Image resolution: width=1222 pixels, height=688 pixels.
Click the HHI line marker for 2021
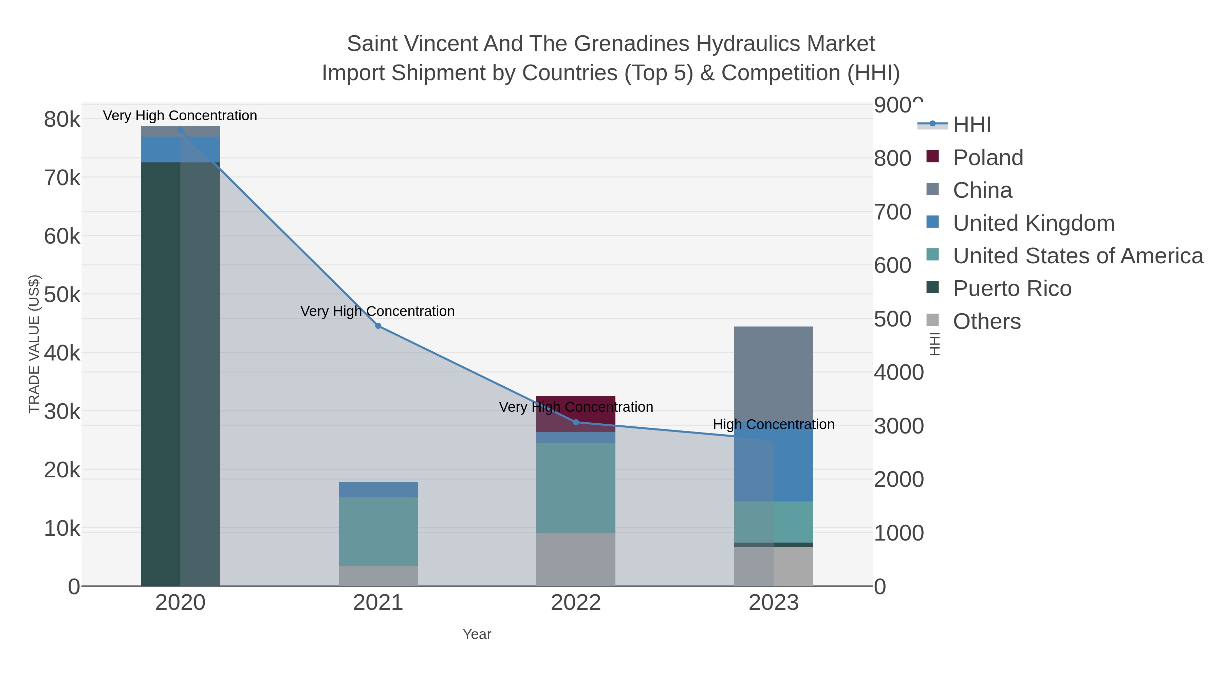pyautogui.click(x=378, y=326)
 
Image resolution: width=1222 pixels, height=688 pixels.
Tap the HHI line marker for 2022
pyautogui.click(x=576, y=422)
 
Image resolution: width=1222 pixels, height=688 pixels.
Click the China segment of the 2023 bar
pyautogui.click(x=773, y=375)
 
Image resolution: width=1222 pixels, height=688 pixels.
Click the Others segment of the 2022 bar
pyautogui.click(x=576, y=559)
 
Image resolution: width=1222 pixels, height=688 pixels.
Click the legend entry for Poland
pyautogui.click(x=988, y=158)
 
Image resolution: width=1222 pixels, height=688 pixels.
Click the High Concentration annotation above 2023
pyautogui.click(x=773, y=424)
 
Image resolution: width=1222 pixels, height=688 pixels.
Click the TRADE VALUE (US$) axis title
pyautogui.click(x=34, y=344)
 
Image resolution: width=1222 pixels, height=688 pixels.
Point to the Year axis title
pyautogui.click(x=477, y=634)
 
